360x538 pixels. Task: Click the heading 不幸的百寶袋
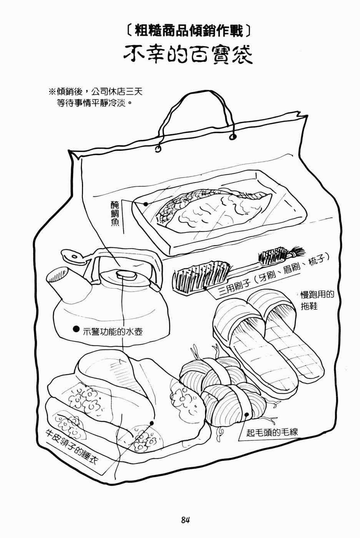pyautogui.click(x=188, y=56)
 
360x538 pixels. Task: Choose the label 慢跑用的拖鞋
pyautogui.click(x=316, y=301)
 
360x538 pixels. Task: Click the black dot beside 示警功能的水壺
pyautogui.click(x=76, y=329)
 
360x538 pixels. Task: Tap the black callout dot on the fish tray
pyautogui.click(x=146, y=204)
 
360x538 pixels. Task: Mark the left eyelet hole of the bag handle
pyautogui.click(x=158, y=148)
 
